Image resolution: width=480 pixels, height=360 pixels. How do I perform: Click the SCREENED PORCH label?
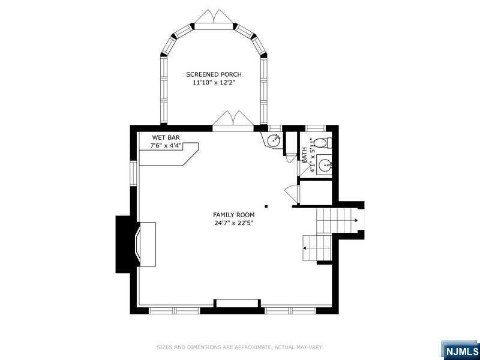pos(214,74)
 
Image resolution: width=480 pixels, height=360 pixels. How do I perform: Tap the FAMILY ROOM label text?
pos(233,215)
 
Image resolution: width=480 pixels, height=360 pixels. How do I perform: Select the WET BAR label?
pos(166,138)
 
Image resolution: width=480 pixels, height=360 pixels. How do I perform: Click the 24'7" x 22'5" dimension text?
pos(233,223)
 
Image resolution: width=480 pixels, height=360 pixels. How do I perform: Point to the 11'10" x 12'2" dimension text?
pos(214,82)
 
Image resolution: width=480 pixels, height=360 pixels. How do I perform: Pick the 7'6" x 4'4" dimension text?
pos(166,145)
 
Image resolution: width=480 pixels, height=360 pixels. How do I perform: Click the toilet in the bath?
pos(322,143)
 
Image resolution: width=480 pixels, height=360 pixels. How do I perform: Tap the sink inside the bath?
pos(324,166)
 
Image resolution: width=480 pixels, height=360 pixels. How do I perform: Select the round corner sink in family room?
pos(273,140)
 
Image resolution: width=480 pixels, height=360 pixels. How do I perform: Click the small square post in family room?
pos(266,206)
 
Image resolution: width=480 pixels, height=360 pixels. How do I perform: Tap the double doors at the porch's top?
pos(214,19)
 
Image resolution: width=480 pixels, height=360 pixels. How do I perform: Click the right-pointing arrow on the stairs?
pos(355,220)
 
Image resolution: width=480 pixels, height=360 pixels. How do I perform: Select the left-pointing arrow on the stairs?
pos(304,248)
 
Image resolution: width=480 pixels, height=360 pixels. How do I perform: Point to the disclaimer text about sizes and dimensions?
pos(239,347)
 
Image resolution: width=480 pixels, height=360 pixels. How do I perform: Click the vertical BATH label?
pos(304,155)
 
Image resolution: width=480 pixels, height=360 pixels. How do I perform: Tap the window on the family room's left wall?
pos(133,173)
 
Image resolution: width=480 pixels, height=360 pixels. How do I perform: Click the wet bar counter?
pos(169,155)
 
